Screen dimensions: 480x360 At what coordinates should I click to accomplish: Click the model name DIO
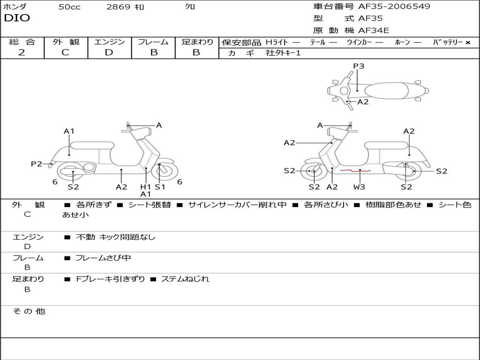click(x=17, y=18)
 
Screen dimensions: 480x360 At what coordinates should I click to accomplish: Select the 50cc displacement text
click(x=69, y=7)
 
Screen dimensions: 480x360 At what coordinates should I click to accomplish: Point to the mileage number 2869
click(x=118, y=7)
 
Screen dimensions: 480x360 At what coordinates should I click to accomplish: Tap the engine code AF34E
click(x=374, y=31)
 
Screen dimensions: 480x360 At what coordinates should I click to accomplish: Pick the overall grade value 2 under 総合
click(x=22, y=52)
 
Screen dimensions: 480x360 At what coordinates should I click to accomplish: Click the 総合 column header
click(x=22, y=42)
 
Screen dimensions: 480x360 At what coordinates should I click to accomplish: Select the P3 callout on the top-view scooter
click(x=359, y=66)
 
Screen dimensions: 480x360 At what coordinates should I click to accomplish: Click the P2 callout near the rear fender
click(x=37, y=164)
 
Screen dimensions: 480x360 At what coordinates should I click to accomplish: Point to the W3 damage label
click(x=360, y=187)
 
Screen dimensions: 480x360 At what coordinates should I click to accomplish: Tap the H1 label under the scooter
click(x=146, y=187)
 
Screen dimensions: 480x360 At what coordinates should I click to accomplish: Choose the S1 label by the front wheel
click(x=160, y=187)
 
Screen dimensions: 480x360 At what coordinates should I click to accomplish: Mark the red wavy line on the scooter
click(x=355, y=171)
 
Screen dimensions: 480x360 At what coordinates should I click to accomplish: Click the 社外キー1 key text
click(x=283, y=53)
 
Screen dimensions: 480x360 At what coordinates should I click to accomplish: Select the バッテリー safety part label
click(x=448, y=42)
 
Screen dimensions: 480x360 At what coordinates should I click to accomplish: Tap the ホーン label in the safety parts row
click(x=402, y=42)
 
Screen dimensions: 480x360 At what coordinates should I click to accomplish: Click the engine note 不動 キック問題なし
click(x=115, y=237)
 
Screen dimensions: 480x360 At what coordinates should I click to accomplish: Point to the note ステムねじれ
click(x=185, y=279)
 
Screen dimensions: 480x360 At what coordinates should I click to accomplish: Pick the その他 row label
click(x=29, y=311)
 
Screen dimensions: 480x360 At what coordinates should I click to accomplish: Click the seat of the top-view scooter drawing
click(x=387, y=90)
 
